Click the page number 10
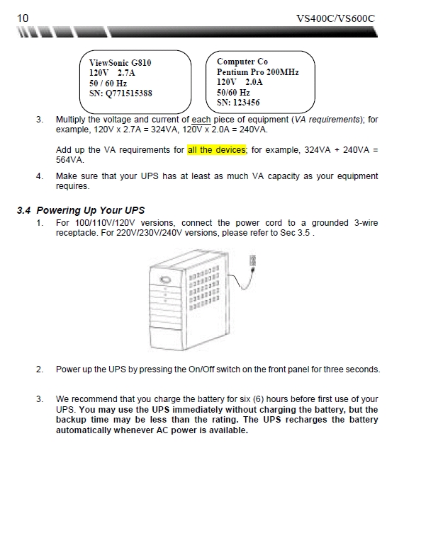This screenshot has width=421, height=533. coord(23,18)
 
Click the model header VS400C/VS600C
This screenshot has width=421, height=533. coord(335,18)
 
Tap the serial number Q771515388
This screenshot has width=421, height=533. coord(129,93)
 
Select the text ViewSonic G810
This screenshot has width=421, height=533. coord(120,63)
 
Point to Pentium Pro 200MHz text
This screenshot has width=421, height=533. coord(258,72)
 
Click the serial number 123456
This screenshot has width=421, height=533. coord(246,103)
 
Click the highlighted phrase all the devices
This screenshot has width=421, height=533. coord(217,150)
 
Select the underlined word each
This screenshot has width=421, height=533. coord(201,120)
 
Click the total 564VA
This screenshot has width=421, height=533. coord(69,160)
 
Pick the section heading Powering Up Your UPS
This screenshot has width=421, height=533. coord(91,210)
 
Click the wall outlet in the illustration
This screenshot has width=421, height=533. coord(252,260)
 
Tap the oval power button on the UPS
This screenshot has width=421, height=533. coord(165,280)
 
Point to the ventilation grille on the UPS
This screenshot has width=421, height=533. coord(204,288)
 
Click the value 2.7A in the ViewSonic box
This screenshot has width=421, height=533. coord(126,73)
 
